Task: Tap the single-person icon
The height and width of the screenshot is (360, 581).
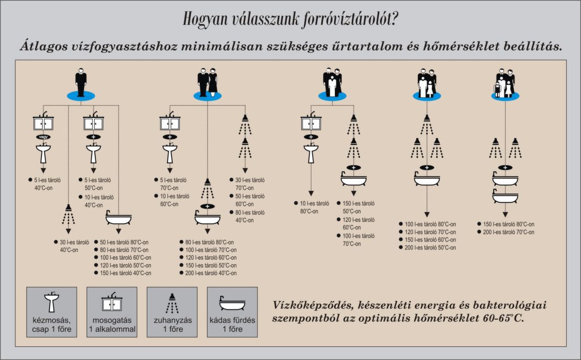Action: click(81, 83)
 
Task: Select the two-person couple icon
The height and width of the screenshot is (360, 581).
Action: click(208, 83)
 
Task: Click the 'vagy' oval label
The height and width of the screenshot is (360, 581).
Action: click(43, 137)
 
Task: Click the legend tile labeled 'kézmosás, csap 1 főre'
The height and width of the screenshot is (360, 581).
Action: click(52, 312)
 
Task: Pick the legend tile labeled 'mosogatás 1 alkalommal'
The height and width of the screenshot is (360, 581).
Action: click(112, 312)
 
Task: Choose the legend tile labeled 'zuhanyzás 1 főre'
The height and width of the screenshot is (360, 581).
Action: click(172, 312)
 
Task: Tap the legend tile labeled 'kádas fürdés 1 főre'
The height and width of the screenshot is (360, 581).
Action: click(232, 312)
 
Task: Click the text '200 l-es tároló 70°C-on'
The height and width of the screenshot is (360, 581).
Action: click(508, 232)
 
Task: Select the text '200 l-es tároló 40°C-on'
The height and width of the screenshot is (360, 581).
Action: click(211, 273)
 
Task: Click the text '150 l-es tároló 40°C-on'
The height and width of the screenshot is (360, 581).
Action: click(125, 273)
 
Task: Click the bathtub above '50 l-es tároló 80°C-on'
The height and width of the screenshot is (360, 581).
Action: click(119, 218)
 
